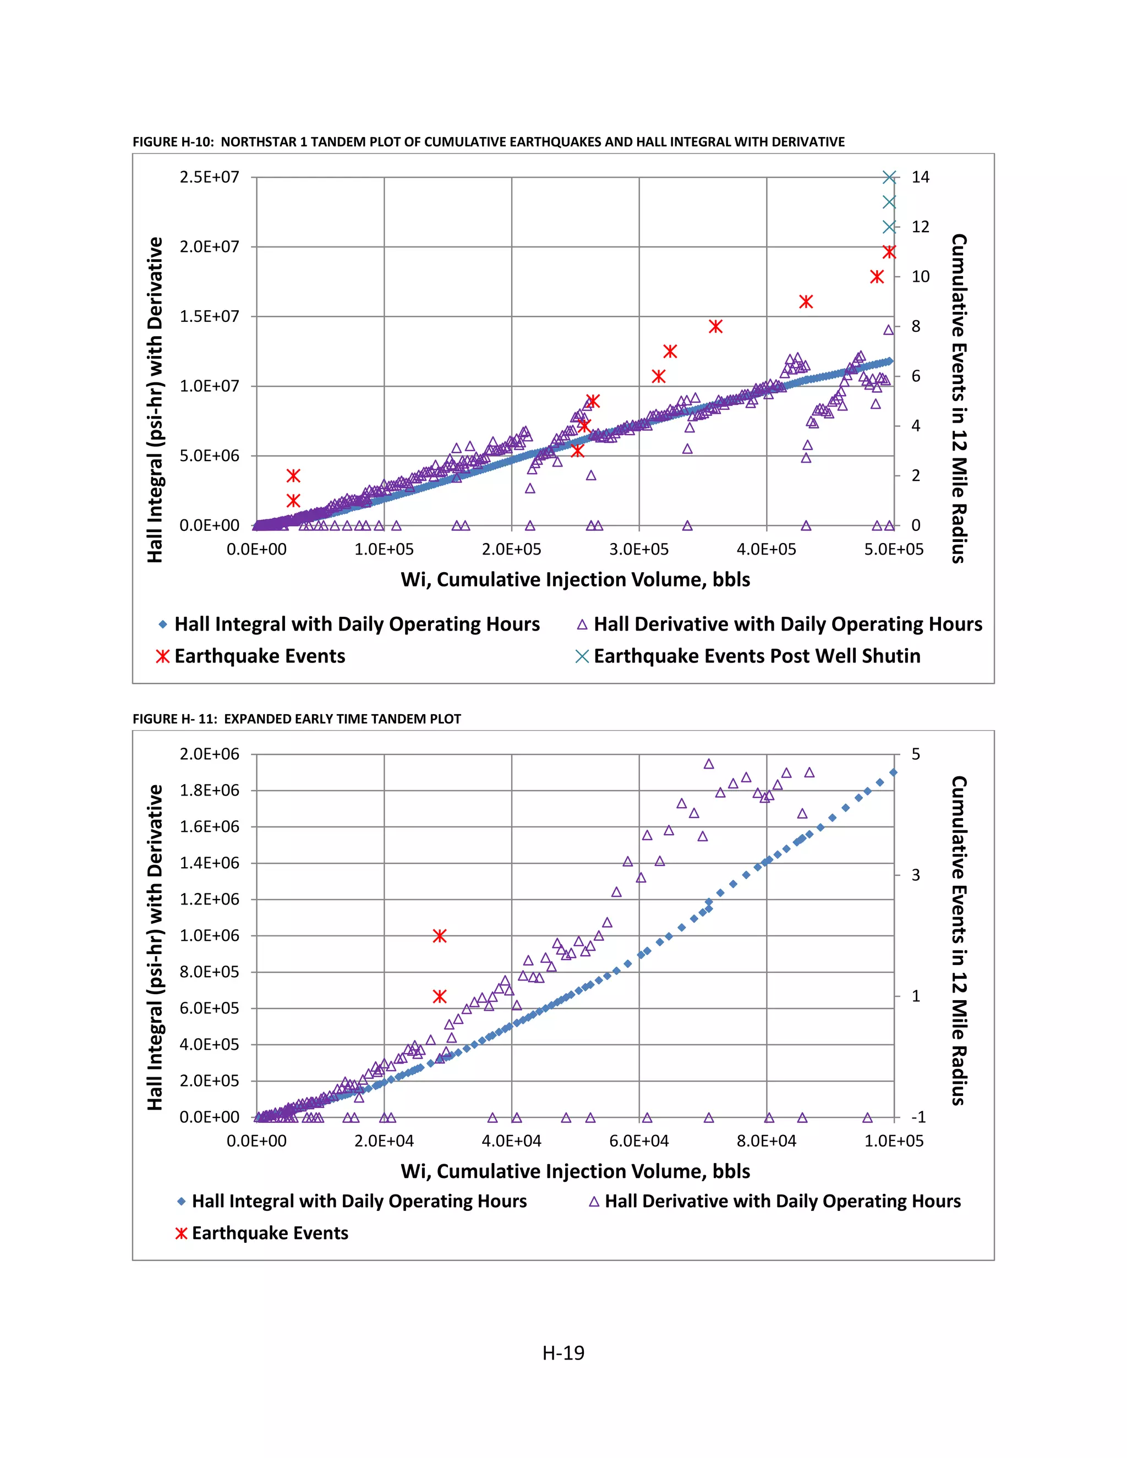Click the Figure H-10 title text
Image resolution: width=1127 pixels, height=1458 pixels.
pyautogui.click(x=488, y=141)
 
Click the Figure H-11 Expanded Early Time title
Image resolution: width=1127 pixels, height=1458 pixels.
pyautogui.click(x=297, y=719)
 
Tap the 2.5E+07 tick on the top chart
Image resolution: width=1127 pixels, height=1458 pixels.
pyautogui.click(x=209, y=177)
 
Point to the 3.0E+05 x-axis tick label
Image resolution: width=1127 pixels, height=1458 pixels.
pyautogui.click(x=639, y=550)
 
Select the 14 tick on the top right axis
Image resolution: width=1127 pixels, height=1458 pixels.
pyautogui.click(x=920, y=177)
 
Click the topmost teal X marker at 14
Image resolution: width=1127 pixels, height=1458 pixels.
pyautogui.click(x=889, y=177)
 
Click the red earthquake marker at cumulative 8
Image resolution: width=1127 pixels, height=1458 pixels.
pyautogui.click(x=716, y=326)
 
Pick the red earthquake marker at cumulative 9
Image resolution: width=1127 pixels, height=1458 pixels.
pyautogui.click(x=806, y=302)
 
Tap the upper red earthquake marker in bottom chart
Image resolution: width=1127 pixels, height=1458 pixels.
pyautogui.click(x=439, y=936)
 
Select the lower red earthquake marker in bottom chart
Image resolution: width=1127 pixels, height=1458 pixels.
pyautogui.click(x=439, y=996)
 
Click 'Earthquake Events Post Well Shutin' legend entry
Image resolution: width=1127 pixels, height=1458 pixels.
pyautogui.click(x=757, y=656)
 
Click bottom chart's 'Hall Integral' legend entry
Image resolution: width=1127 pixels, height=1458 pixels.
pyautogui.click(x=359, y=1201)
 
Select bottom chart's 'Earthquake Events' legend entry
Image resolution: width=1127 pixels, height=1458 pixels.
pyautogui.click(x=270, y=1233)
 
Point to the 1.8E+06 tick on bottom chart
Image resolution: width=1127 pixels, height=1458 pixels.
pyautogui.click(x=209, y=791)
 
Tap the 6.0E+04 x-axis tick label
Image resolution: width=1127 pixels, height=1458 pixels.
pyautogui.click(x=639, y=1141)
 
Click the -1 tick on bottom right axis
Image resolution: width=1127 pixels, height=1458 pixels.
pyautogui.click(x=918, y=1117)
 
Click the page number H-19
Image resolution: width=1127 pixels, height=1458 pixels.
pyautogui.click(x=563, y=1353)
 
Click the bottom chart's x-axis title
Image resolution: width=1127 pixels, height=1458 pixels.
pyautogui.click(x=575, y=1171)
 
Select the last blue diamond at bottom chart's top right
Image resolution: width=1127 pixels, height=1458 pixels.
pyautogui.click(x=893, y=772)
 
